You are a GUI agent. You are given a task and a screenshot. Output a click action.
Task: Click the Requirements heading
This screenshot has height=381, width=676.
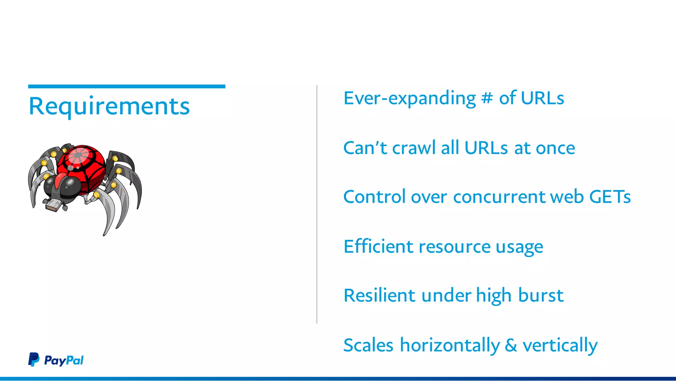(109, 106)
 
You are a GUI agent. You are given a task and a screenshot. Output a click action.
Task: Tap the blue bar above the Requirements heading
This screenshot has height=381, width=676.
(126, 87)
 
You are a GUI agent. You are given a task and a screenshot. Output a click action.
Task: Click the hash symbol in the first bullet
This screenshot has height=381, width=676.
(487, 98)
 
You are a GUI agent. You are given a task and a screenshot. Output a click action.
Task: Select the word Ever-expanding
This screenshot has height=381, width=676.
(409, 98)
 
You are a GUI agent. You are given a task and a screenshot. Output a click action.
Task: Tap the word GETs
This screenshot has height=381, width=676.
(610, 197)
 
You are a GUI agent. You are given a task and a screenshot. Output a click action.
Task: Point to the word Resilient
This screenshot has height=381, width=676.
(379, 295)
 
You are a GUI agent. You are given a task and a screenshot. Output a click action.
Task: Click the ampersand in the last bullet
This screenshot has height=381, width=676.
(511, 345)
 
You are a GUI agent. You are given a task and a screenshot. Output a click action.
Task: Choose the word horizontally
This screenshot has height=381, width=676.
(450, 345)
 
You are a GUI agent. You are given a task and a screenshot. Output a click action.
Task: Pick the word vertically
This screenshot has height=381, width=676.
(560, 346)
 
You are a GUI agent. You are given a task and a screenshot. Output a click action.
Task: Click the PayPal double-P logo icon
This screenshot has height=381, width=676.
(33, 360)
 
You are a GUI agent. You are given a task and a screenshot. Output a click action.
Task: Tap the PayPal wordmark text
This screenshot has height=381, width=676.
(64, 361)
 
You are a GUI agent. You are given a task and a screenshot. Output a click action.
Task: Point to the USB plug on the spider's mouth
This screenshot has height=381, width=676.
(53, 206)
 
